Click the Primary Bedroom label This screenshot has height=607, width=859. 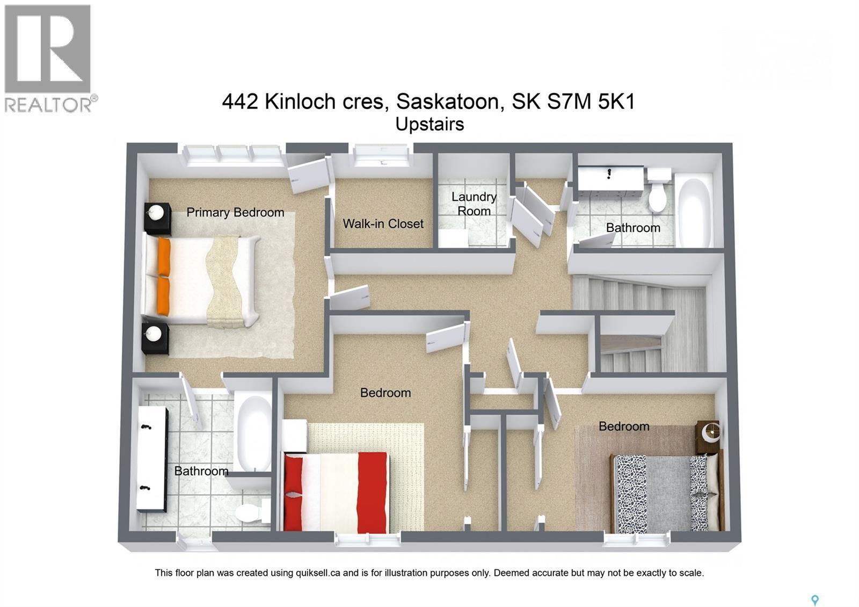[235, 212]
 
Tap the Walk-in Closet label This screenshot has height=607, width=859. [383, 223]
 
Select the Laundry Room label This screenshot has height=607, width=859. [474, 204]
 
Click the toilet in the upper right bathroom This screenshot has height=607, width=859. [658, 192]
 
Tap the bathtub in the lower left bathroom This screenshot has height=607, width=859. [253, 432]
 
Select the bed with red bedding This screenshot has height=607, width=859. [336, 491]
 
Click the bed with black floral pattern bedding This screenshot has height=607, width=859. [666, 493]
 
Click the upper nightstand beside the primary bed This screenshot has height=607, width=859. [157, 218]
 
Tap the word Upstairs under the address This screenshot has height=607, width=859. [429, 124]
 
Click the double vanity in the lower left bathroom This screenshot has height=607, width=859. [151, 458]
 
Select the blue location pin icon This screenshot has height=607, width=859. [814, 599]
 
